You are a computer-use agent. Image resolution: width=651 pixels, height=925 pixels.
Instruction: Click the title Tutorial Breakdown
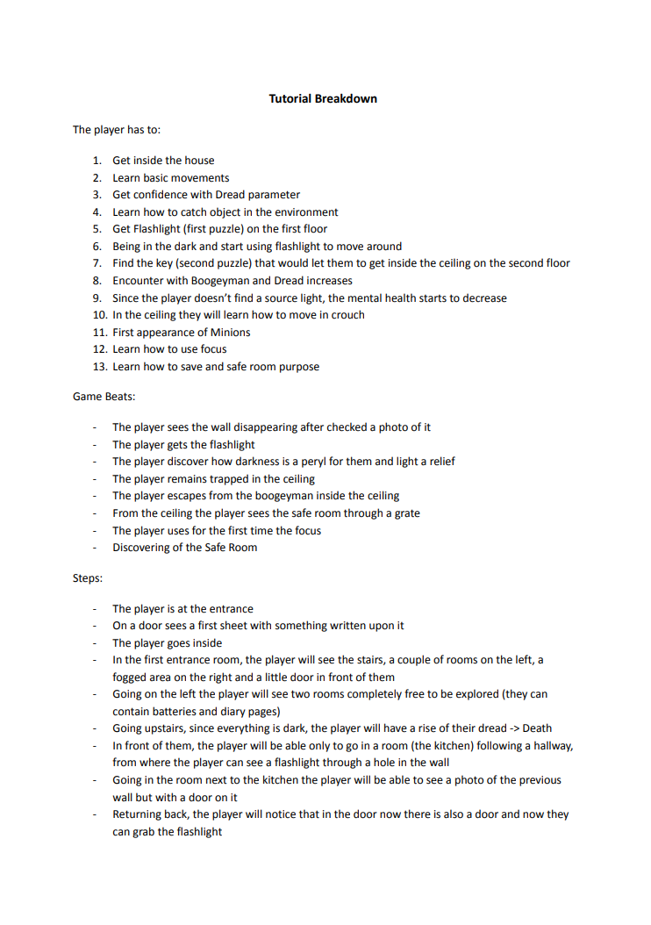click(323, 98)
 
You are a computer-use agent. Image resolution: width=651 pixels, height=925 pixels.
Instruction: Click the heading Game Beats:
click(104, 397)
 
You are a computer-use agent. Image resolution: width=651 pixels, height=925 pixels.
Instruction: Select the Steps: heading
click(89, 578)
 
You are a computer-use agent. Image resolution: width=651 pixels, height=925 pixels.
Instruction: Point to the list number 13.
click(99, 367)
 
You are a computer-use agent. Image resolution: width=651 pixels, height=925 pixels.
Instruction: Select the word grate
click(406, 513)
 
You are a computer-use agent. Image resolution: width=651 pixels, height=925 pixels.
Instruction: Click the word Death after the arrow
click(537, 728)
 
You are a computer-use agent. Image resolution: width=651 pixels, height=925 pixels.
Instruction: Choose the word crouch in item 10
click(347, 315)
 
